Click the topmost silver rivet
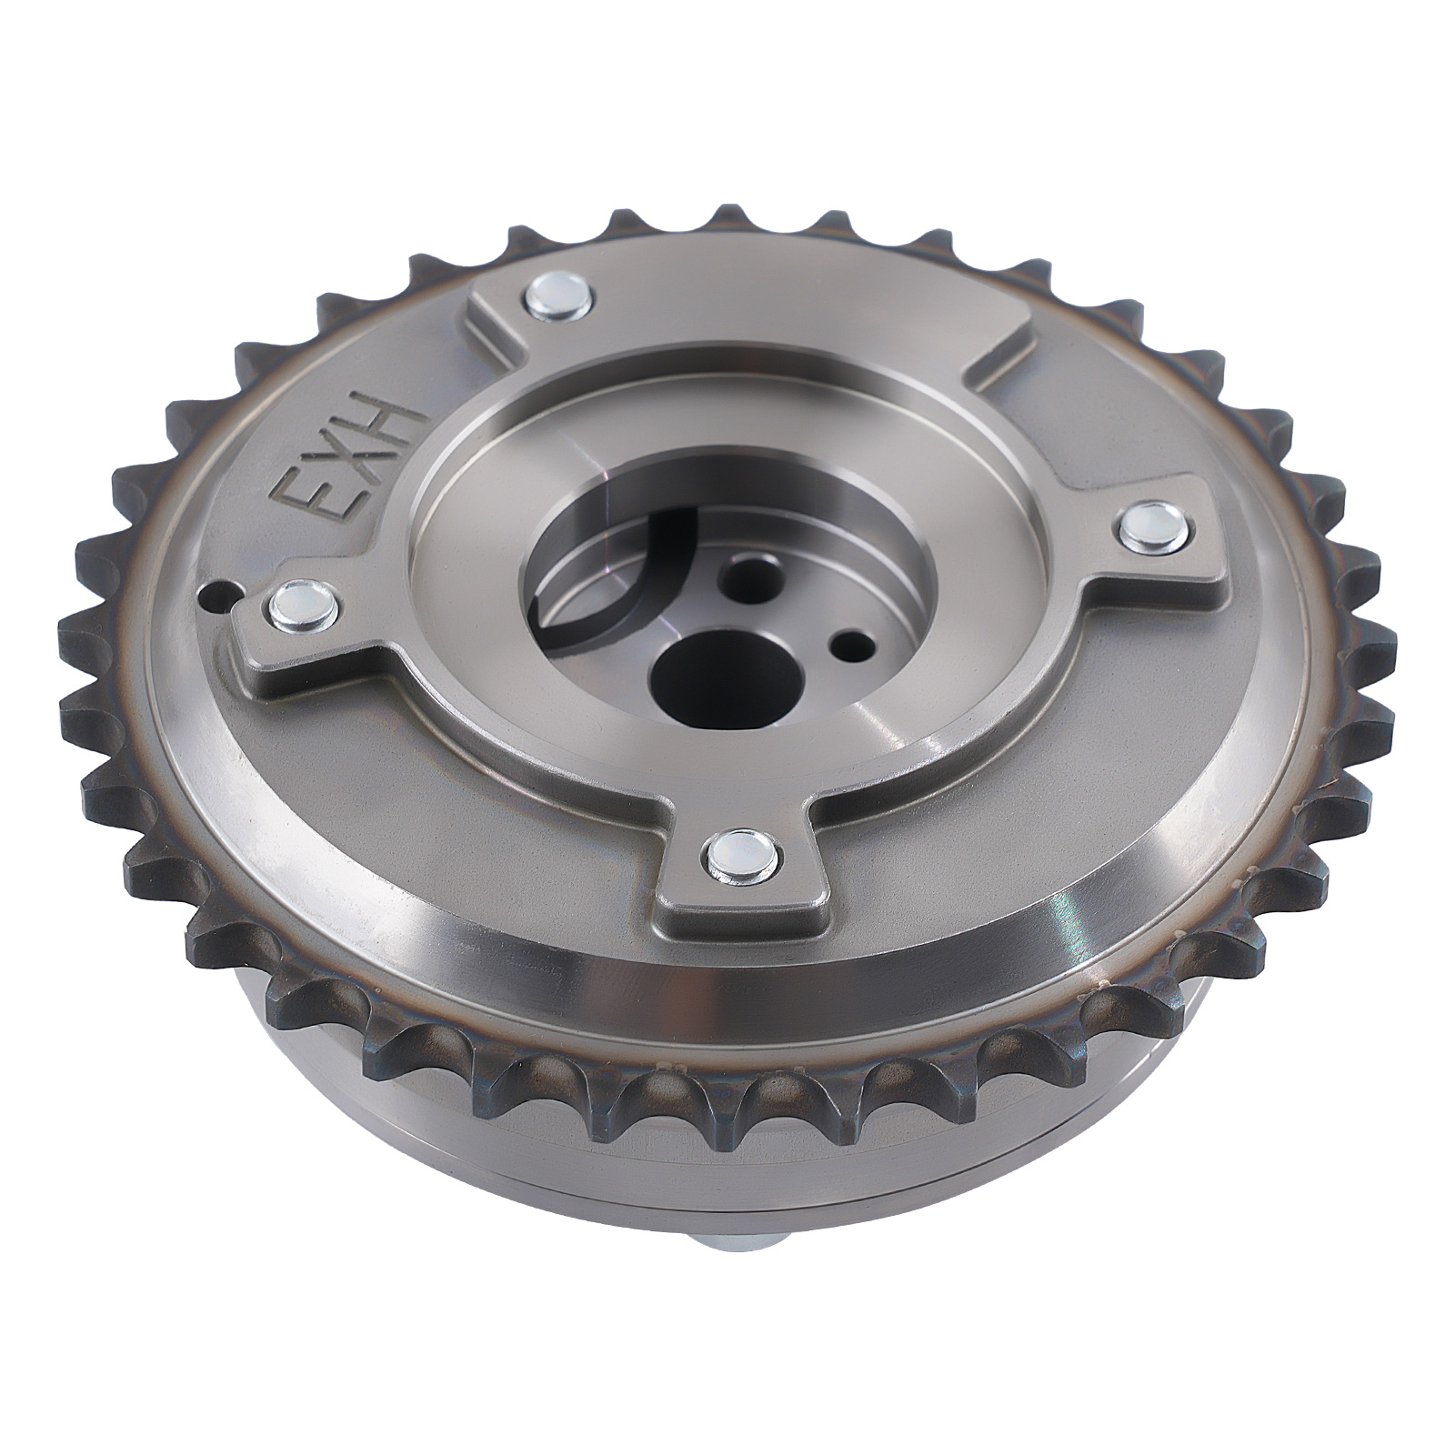click(557, 297)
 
